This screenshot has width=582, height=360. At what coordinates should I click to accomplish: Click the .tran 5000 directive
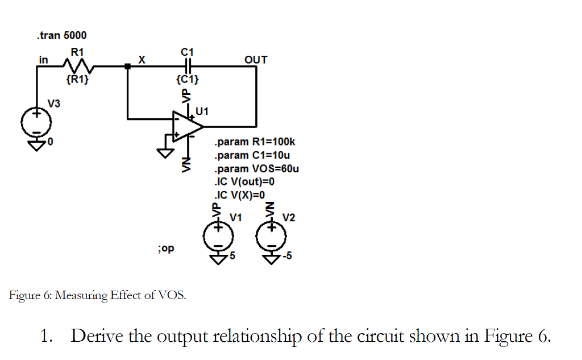(x=61, y=35)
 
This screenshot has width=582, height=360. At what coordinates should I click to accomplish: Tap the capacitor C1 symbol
(x=187, y=66)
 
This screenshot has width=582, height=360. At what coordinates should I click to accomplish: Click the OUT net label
(x=255, y=59)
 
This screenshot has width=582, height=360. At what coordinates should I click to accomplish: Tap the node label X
(x=142, y=59)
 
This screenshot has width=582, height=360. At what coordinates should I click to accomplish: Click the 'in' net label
(x=43, y=59)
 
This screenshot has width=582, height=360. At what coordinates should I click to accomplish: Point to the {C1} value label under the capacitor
(x=187, y=79)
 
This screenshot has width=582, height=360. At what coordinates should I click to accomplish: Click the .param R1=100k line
(x=255, y=142)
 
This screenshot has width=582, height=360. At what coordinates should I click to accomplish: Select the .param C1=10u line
(x=252, y=155)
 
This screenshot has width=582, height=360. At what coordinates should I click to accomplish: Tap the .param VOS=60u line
(x=257, y=169)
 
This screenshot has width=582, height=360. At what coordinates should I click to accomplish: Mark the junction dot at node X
(x=127, y=67)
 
